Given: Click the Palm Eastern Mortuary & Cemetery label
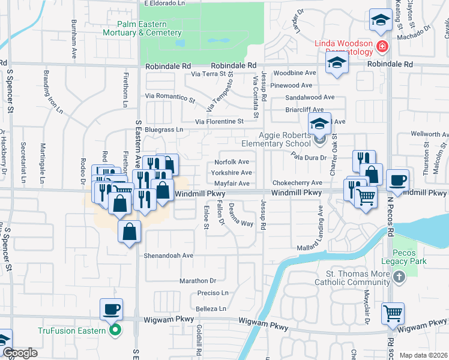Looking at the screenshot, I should coord(142,28).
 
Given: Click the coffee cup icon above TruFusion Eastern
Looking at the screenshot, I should coord(111,310).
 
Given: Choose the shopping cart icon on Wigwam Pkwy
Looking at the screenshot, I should coord(393,313).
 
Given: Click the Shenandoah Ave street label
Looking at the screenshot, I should coord(168,255).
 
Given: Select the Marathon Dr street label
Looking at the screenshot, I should coord(197,281).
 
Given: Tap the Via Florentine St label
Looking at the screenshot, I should coord(218,121).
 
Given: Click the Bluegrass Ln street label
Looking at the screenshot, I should coord(164,130).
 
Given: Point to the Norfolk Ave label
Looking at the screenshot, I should coord(232,162).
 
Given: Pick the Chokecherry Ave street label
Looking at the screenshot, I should coord(297,183).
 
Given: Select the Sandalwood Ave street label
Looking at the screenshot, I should coord(310,97).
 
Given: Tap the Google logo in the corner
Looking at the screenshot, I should coord(20,353).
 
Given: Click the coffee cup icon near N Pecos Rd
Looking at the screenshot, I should coord(397,180).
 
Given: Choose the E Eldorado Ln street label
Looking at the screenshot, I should coord(164,3).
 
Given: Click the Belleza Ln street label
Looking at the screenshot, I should coord(211,309).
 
